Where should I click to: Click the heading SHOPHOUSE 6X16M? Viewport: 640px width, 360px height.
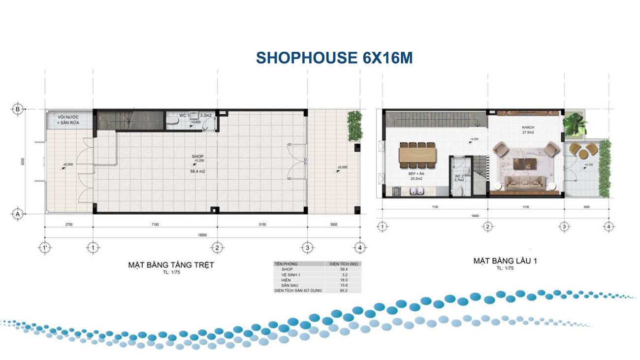pyautogui.click(x=334, y=58)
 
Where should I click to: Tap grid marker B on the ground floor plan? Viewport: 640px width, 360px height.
pyautogui.click(x=18, y=109)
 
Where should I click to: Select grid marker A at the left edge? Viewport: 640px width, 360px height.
pyautogui.click(x=18, y=214)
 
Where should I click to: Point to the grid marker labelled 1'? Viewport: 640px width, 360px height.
pyautogui.click(x=45, y=247)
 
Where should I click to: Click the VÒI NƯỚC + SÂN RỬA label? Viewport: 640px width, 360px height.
pyautogui.click(x=68, y=120)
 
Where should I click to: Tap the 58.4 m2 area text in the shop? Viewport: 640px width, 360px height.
pyautogui.click(x=198, y=172)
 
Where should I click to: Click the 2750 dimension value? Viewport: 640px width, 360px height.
pyautogui.click(x=68, y=225)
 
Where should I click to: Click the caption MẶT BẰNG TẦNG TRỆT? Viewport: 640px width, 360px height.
pyautogui.click(x=171, y=265)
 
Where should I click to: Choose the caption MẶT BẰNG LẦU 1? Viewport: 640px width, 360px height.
pyautogui.click(x=505, y=261)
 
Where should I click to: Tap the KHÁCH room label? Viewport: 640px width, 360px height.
pyautogui.click(x=528, y=127)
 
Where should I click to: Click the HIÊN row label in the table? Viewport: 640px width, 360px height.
pyautogui.click(x=287, y=280)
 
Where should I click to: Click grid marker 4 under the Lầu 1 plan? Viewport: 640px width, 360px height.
pyautogui.click(x=609, y=227)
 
